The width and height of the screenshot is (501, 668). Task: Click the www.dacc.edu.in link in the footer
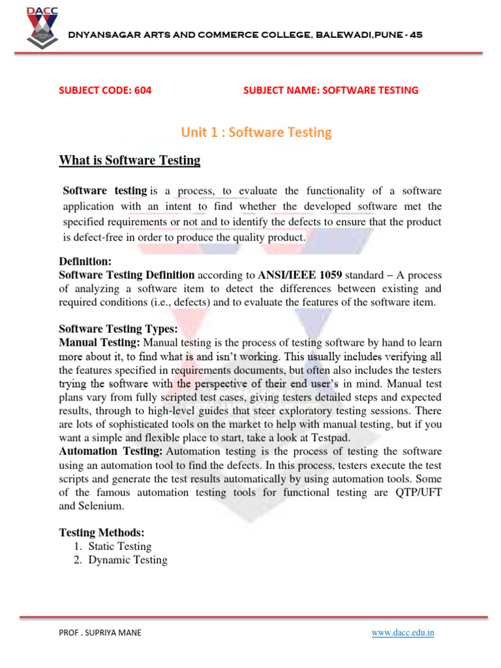click(403, 633)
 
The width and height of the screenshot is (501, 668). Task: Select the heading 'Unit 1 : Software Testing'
click(256, 132)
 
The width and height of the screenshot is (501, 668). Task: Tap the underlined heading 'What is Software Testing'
click(130, 160)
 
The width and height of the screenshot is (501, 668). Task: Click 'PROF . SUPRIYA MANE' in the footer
click(99, 633)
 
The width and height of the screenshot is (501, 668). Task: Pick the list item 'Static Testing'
click(120, 546)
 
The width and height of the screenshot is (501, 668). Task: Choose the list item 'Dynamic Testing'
click(128, 560)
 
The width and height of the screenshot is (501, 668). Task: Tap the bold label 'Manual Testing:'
click(99, 342)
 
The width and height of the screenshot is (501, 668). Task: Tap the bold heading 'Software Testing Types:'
click(118, 329)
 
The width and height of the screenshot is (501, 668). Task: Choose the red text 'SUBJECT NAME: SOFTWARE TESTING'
click(331, 91)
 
